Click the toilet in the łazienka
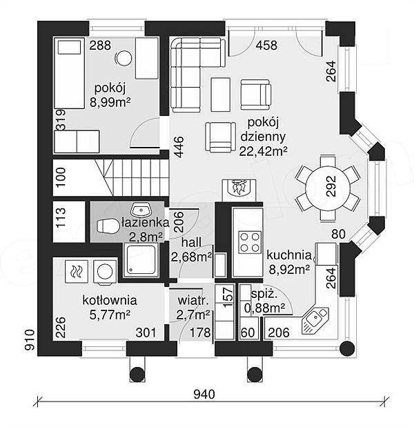pos(108,226)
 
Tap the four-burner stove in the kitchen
pos(250,242)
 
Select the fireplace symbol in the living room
pos(239,188)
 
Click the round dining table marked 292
pos(328,188)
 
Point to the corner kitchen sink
pos(315,320)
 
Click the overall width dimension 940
pos(204,394)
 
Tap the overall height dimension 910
pos(30,339)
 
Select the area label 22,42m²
pos(263,151)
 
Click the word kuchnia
pos(289,255)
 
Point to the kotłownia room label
pos(110,300)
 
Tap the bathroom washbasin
pos(141,209)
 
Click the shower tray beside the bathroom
pos(141,260)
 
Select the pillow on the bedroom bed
pos(70,48)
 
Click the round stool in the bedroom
pos(124,58)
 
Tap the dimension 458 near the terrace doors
pos(266,46)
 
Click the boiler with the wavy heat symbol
pos(77,272)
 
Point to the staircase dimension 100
pos(61,177)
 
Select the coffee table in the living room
pos(221,95)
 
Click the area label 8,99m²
pos(110,103)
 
